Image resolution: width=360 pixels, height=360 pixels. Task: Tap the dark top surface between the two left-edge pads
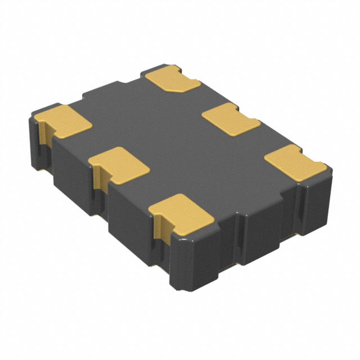pyautogui.click(x=90, y=141)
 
